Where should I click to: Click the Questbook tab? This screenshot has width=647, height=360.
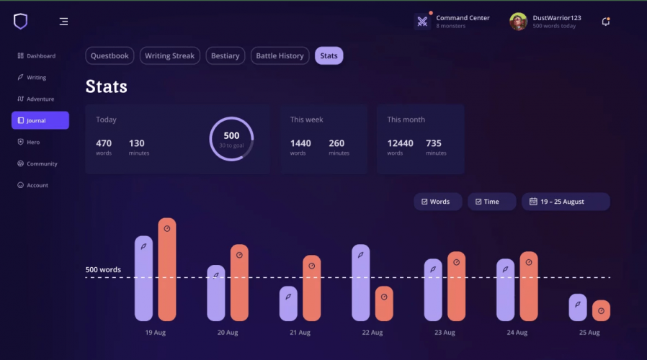click(110, 56)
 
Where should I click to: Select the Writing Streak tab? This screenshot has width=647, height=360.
click(170, 56)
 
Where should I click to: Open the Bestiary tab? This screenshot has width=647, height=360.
click(225, 56)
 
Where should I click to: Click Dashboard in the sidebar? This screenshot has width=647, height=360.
click(40, 56)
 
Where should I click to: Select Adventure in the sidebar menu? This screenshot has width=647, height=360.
click(40, 99)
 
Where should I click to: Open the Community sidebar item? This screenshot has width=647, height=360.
click(41, 164)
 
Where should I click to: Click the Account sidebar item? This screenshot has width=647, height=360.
click(37, 186)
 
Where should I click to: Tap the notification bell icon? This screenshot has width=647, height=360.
click(606, 22)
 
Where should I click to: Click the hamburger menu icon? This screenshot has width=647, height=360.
click(63, 22)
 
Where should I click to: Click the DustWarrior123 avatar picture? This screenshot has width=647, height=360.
click(518, 22)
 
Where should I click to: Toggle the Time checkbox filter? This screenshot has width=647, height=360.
click(491, 202)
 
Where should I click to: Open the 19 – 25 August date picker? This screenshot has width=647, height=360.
click(566, 202)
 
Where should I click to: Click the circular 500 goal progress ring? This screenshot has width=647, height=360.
click(231, 139)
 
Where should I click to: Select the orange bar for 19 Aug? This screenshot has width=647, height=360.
click(167, 269)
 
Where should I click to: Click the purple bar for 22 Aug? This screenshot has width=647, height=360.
click(361, 282)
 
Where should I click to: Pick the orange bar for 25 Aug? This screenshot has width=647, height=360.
click(601, 310)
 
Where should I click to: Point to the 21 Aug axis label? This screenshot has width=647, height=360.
click(299, 333)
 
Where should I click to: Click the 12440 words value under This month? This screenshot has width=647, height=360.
click(400, 143)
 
